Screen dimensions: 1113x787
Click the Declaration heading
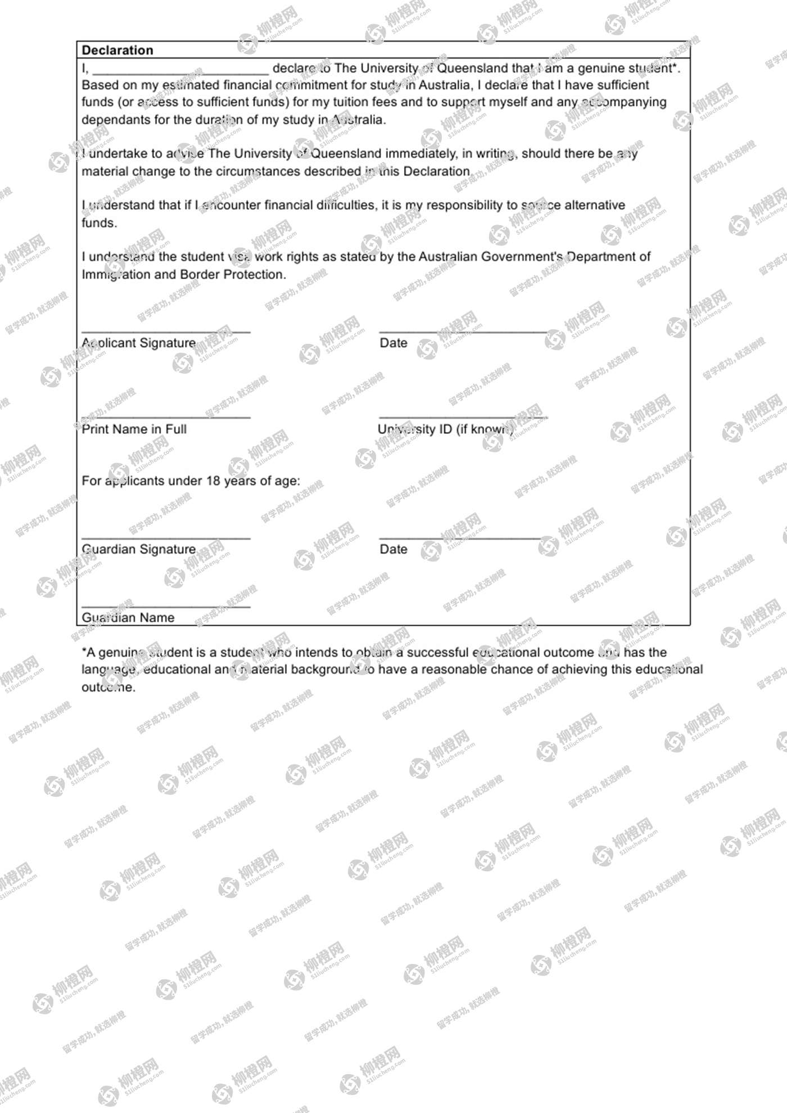pos(117,50)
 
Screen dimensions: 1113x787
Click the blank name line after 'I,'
pos(180,72)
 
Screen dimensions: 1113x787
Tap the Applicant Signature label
pos(139,343)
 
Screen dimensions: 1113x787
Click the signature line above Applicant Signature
pos(166,331)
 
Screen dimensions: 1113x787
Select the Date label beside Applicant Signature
pos(393,343)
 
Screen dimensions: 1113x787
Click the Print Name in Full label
pos(134,429)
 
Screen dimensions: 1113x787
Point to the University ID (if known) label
pos(445,429)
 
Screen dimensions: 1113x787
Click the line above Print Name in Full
pos(166,418)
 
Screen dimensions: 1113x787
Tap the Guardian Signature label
pos(139,549)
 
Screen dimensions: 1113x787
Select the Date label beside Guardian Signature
pos(393,549)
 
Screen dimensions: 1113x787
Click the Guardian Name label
pos(128,617)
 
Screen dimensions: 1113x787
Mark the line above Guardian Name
pos(166,607)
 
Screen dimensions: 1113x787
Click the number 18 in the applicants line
pos(213,481)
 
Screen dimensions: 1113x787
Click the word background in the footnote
pos(327,670)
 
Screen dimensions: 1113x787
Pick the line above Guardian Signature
pos(166,538)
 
